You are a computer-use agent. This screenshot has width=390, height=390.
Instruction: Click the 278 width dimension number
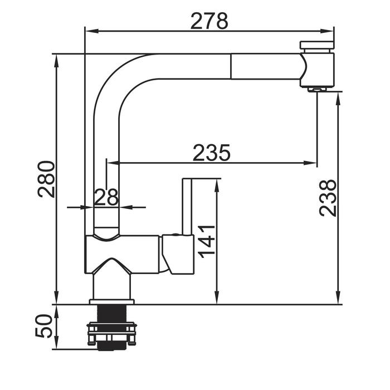point(209,21)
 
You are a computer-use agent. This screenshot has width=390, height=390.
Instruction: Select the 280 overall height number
point(46,179)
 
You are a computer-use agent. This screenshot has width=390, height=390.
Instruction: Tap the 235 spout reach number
point(212,153)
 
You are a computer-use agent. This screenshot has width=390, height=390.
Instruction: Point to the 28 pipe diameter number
point(106,197)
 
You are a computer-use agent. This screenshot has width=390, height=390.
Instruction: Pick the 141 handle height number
point(207,241)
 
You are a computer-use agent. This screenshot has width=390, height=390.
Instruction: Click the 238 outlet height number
point(328,198)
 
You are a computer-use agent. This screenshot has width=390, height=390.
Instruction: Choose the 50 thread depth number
point(44,325)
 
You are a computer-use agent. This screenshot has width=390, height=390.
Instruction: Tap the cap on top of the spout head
point(317,45)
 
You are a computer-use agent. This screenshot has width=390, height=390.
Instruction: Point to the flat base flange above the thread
point(111,302)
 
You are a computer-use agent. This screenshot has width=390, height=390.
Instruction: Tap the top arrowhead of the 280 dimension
point(57,61)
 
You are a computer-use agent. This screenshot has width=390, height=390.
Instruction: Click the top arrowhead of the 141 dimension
point(217,186)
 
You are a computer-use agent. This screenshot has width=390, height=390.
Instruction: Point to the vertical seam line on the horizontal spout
point(231,66)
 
